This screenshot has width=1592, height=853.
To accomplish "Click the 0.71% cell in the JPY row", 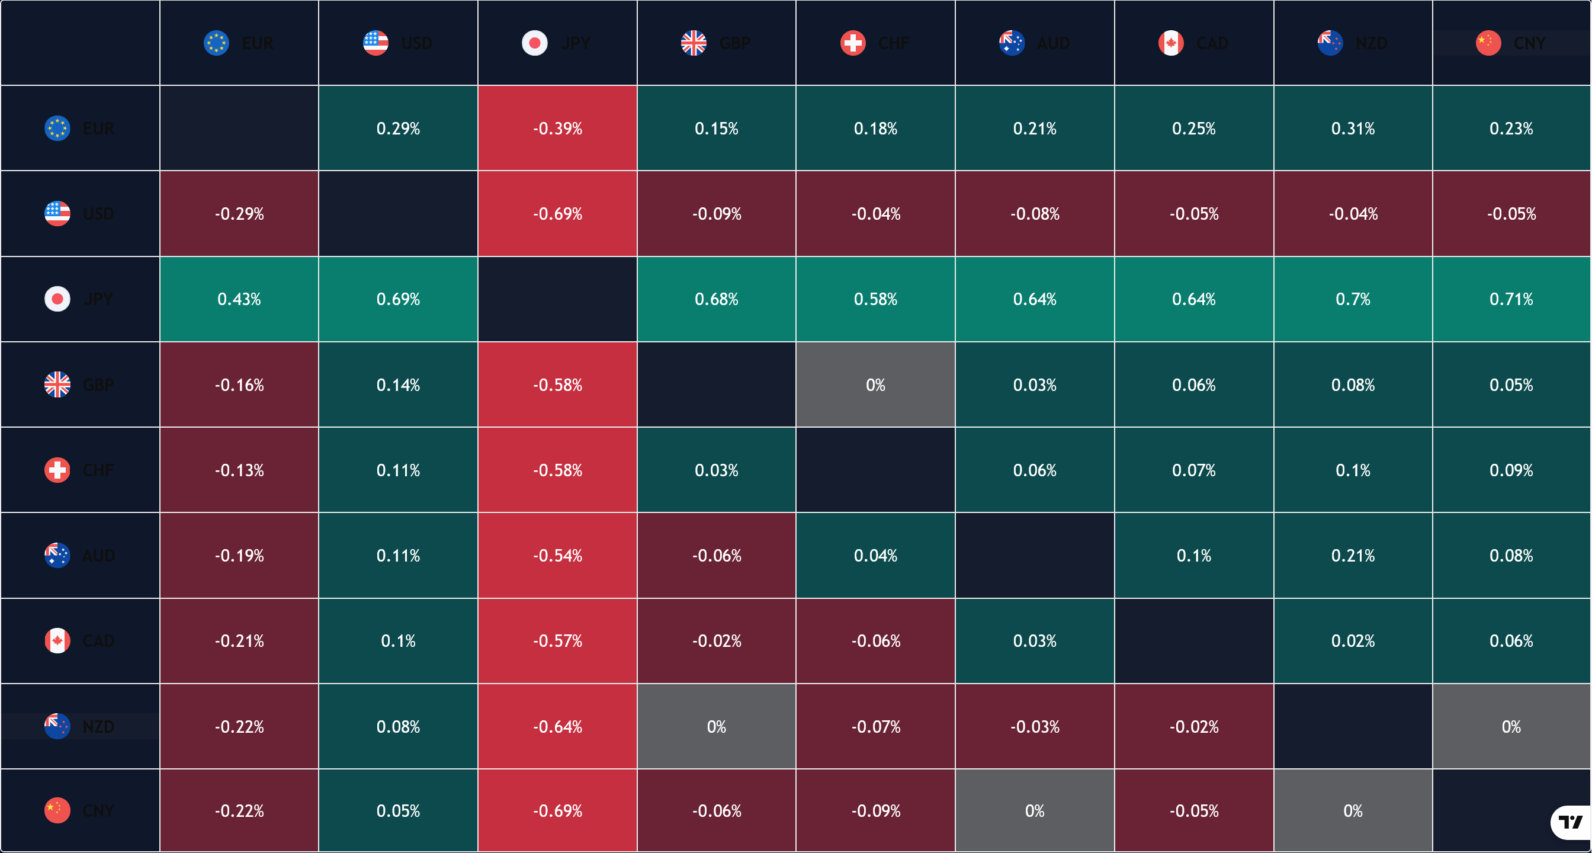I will tap(1511, 299).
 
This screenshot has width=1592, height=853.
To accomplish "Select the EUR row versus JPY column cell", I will tap(557, 129).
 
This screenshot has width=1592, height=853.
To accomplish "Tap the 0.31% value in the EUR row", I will tap(1353, 129).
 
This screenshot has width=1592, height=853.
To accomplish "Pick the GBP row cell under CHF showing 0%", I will tap(875, 385).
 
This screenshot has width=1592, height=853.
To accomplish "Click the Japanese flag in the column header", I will tap(535, 43).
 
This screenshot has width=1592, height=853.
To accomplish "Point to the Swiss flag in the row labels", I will tap(57, 470).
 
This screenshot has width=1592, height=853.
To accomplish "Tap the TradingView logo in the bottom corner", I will tap(1570, 822).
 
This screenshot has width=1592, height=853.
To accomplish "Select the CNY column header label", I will tap(1530, 43).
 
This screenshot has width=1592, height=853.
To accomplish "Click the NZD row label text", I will tap(98, 726).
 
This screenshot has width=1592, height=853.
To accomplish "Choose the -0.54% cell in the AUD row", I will tap(557, 556).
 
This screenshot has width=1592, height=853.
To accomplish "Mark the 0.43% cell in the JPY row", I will tap(239, 299).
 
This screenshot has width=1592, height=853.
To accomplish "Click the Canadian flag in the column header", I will tap(1171, 43).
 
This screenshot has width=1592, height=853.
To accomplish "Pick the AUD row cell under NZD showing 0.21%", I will tap(1353, 556).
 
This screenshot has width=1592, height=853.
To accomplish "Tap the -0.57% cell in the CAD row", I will tap(557, 641).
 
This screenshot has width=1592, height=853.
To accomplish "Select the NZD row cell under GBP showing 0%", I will tap(716, 726).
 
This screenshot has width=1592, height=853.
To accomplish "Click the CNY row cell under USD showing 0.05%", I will tap(398, 810).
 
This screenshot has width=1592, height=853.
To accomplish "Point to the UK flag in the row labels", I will tap(57, 385).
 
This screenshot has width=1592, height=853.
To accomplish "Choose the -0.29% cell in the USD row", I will tap(239, 214).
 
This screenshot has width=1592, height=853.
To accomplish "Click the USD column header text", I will tap(416, 43).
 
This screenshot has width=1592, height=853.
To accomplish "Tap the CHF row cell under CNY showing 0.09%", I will tap(1511, 470).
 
